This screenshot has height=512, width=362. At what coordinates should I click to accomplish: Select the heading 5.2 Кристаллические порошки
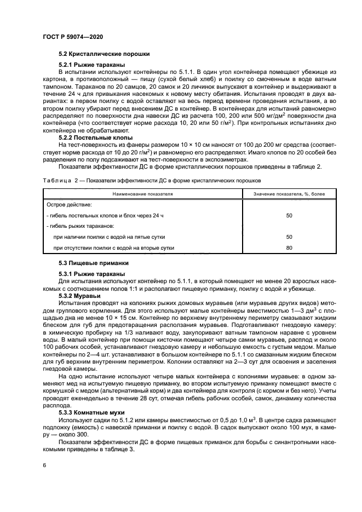coord(104,54)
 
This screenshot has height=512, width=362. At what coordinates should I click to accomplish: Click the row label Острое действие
coord(69,204)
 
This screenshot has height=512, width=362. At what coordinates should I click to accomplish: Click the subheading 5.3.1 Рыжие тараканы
coord(91,274)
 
